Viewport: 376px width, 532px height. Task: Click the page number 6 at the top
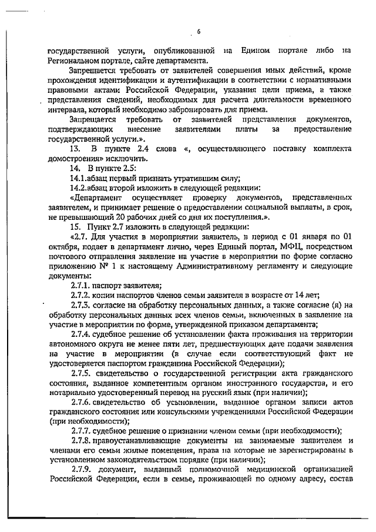click(199, 32)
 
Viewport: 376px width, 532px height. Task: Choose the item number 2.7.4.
click(80, 332)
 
